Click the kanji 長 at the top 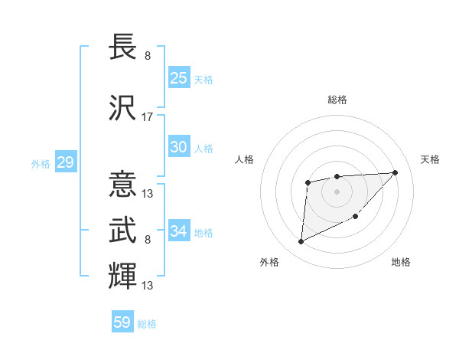(122, 47)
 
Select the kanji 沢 (122, 108)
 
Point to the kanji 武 (122, 229)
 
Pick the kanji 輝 (122, 275)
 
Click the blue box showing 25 (178, 77)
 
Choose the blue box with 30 (178, 148)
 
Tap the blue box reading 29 (65, 162)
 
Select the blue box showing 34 (178, 231)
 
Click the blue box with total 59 (122, 322)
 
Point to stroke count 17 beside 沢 (148, 117)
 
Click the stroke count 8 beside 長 (148, 56)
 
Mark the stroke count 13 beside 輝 (148, 285)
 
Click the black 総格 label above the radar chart (337, 100)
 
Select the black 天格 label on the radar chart (431, 159)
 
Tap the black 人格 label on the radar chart (244, 159)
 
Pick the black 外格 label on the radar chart (269, 262)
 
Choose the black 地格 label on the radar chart (401, 262)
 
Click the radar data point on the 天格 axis (395, 172)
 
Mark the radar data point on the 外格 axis (301, 242)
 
